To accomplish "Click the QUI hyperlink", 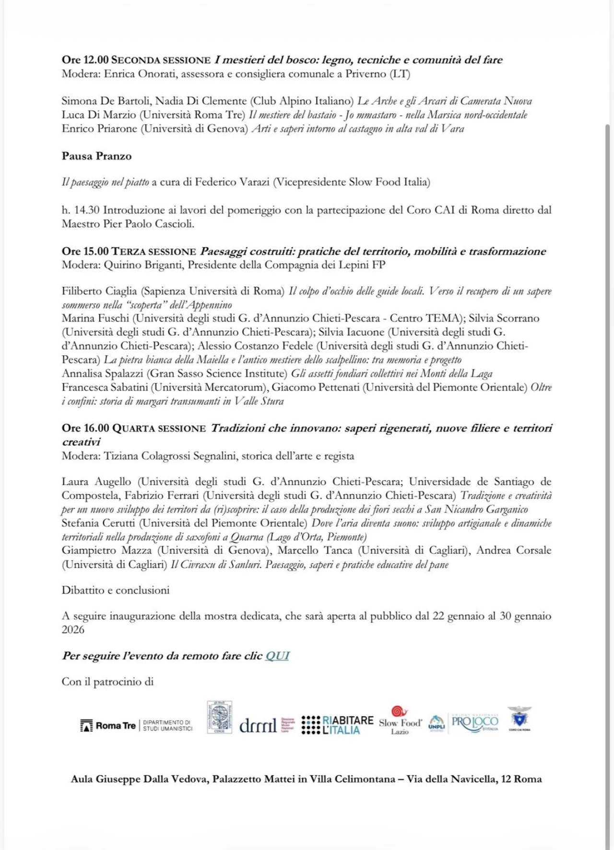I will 277,656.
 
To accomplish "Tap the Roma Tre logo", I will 108,726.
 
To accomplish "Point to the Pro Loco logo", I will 475,722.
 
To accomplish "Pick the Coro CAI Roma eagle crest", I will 520,718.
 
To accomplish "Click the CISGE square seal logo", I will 219,717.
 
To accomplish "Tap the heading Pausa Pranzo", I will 96,156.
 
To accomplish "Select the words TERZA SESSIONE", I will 154,251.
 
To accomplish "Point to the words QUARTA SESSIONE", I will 159,428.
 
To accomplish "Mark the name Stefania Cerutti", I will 99,523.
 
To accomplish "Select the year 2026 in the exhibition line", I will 73,629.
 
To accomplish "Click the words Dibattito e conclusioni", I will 115,590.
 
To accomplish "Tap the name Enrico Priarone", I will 99,129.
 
